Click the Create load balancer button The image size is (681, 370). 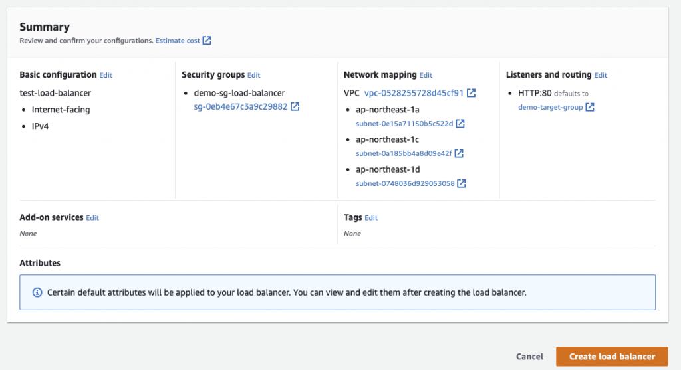point(612,357)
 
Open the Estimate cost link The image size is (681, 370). point(178,41)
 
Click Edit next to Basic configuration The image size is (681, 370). point(106,75)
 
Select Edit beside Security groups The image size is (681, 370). point(253,75)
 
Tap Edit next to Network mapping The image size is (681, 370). point(426,75)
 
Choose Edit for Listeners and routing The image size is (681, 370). point(601,75)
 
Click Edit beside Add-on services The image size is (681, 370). point(92,218)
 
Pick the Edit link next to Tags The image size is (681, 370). point(371,218)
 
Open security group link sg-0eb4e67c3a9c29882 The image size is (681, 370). point(241,106)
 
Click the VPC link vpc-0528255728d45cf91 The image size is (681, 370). point(414,93)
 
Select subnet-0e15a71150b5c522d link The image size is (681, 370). point(404,124)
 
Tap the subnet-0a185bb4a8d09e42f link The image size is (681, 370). point(404,153)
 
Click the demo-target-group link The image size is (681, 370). point(550,107)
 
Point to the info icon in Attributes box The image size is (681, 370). point(37,292)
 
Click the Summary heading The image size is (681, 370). point(45,27)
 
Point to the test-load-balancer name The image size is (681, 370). point(55,93)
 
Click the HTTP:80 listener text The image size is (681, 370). point(535,93)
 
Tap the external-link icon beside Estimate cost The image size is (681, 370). point(207,41)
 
